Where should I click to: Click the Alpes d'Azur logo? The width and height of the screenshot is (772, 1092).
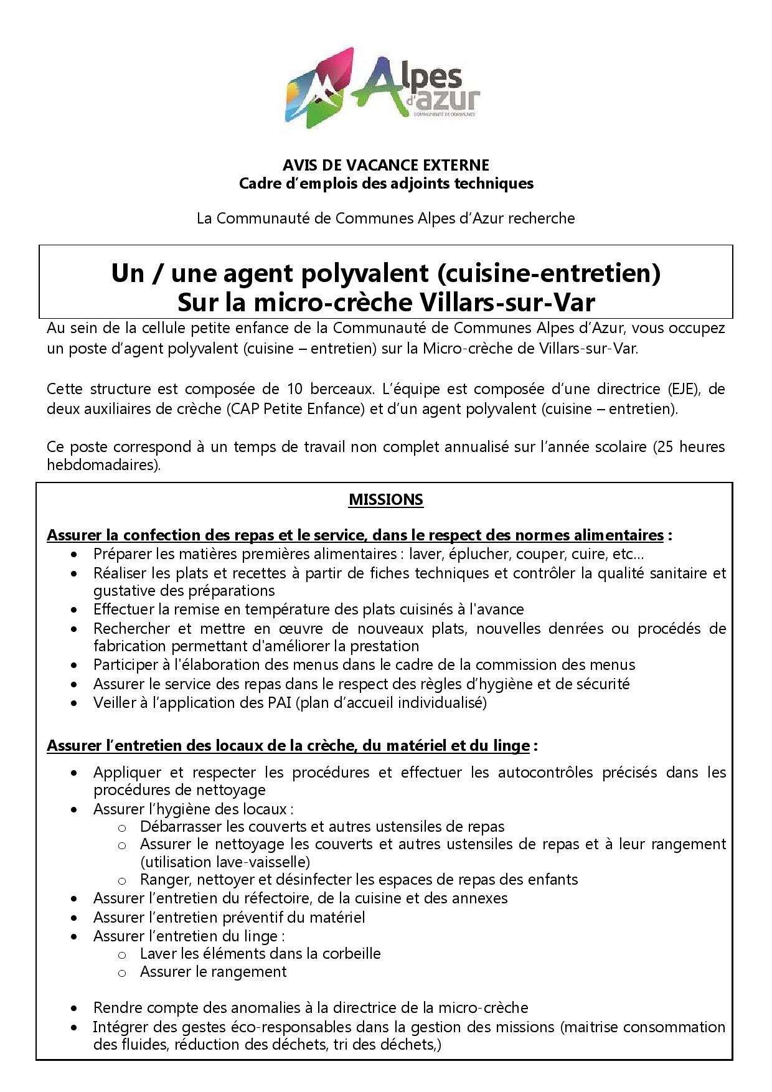click(383, 88)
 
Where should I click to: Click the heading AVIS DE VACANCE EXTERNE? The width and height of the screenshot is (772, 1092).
click(386, 165)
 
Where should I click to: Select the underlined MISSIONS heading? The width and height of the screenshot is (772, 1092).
click(386, 500)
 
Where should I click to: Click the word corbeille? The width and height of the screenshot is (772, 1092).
click(349, 954)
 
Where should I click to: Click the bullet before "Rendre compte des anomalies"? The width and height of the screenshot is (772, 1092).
click(75, 1009)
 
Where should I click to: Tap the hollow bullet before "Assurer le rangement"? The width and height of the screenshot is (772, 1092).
click(122, 972)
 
